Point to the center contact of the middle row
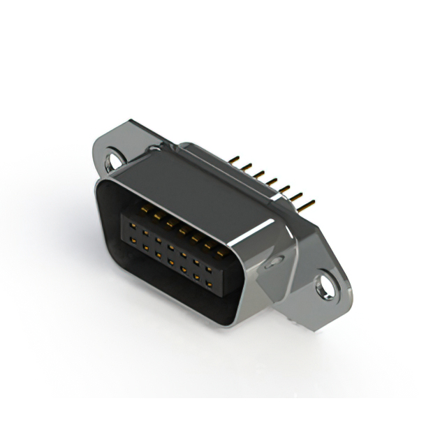tap(171, 247)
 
